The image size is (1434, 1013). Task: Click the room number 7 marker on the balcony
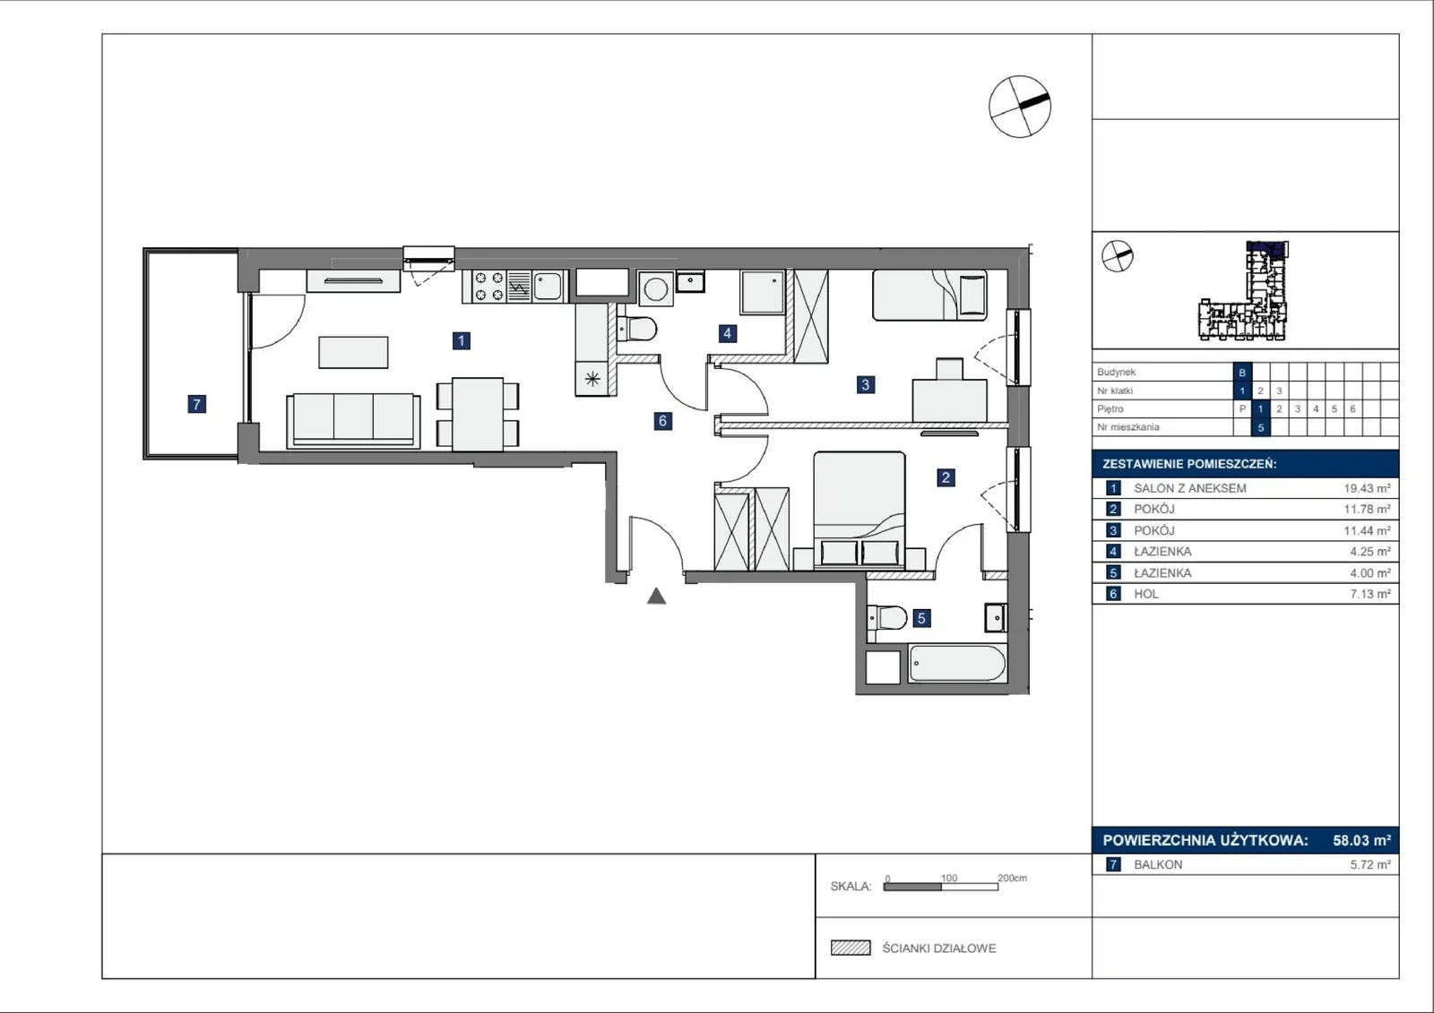(196, 404)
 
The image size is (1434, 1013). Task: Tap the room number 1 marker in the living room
(461, 340)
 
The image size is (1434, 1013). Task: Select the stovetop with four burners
(488, 286)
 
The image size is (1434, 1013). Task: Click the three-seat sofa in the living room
(353, 420)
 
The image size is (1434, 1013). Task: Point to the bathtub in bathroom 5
(956, 664)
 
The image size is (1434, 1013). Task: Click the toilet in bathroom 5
(887, 618)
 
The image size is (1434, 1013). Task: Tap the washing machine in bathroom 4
(655, 288)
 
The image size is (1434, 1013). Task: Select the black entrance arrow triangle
(656, 597)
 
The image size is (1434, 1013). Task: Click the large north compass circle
(1019, 107)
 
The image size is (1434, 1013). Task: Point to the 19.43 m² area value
(1367, 488)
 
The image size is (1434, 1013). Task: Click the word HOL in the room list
(1146, 594)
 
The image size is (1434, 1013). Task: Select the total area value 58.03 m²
(1361, 840)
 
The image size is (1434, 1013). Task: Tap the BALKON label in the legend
(1157, 864)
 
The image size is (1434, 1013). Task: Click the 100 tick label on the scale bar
(949, 878)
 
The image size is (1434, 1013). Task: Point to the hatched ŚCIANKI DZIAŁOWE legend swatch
(851, 948)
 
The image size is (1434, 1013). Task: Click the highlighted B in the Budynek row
(1242, 373)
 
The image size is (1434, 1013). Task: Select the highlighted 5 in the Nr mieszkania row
(1260, 427)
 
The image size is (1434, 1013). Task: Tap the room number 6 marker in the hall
(662, 420)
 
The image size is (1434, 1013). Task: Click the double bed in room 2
(860, 510)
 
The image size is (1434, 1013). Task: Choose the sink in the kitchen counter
(548, 286)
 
